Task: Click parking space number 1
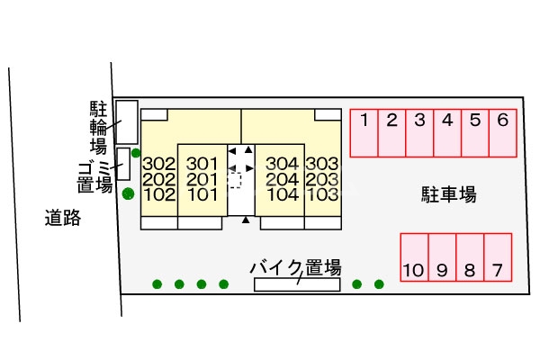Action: pos(364,121)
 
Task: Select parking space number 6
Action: pos(503,121)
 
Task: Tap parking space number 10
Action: pos(414,269)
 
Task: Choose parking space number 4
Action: pos(447,121)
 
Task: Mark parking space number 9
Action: pos(442,269)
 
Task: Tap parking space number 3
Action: pos(419,121)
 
